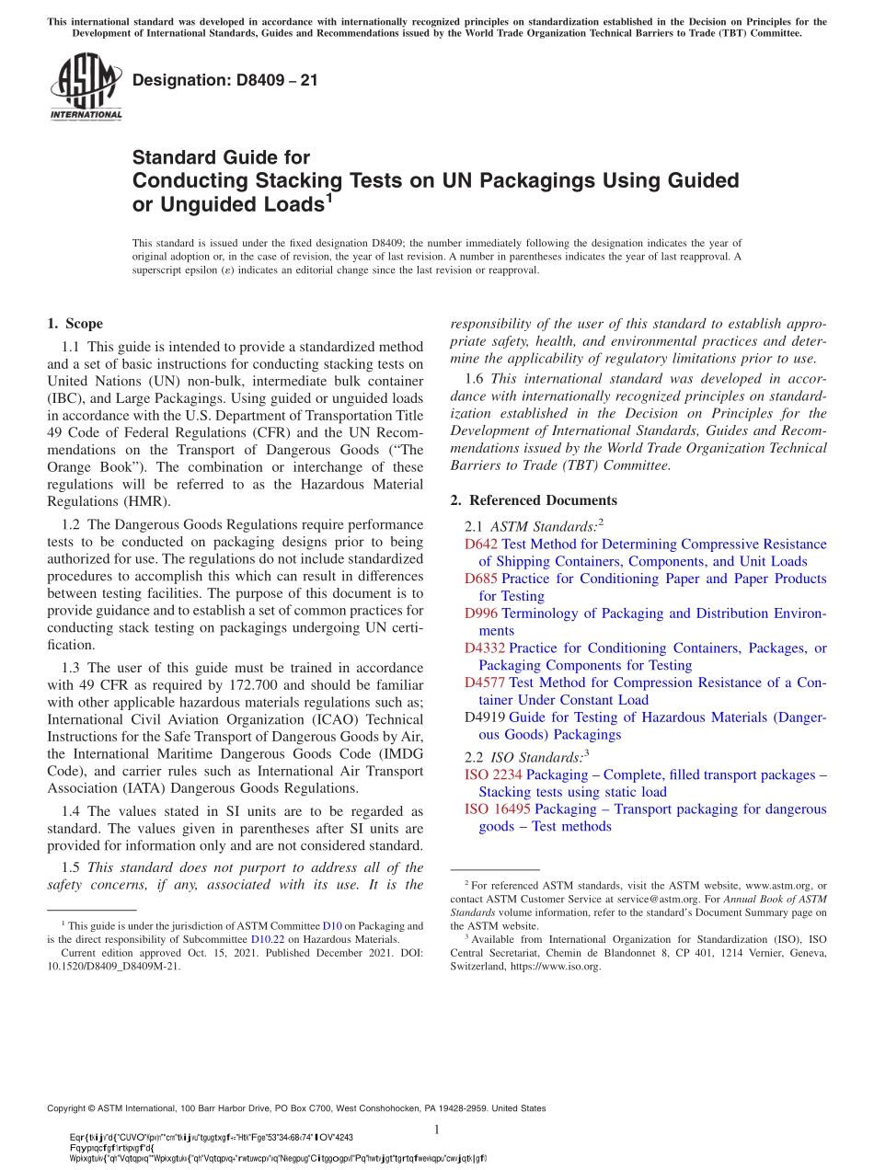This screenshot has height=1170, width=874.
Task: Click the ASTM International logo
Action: [85, 87]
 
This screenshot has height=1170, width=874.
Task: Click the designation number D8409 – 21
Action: [225, 81]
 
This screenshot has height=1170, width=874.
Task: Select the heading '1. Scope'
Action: [75, 324]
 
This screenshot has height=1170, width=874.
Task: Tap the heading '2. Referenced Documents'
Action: [534, 500]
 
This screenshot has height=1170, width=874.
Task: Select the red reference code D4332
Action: [485, 648]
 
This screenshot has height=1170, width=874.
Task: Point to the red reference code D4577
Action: [485, 682]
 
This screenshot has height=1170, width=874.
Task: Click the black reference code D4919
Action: [485, 717]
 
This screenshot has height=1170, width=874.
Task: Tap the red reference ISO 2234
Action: [493, 775]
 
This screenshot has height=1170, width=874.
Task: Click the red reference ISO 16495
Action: [497, 809]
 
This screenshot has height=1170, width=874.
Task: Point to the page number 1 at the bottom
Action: [437, 1130]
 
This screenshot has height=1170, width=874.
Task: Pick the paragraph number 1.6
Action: [475, 379]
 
